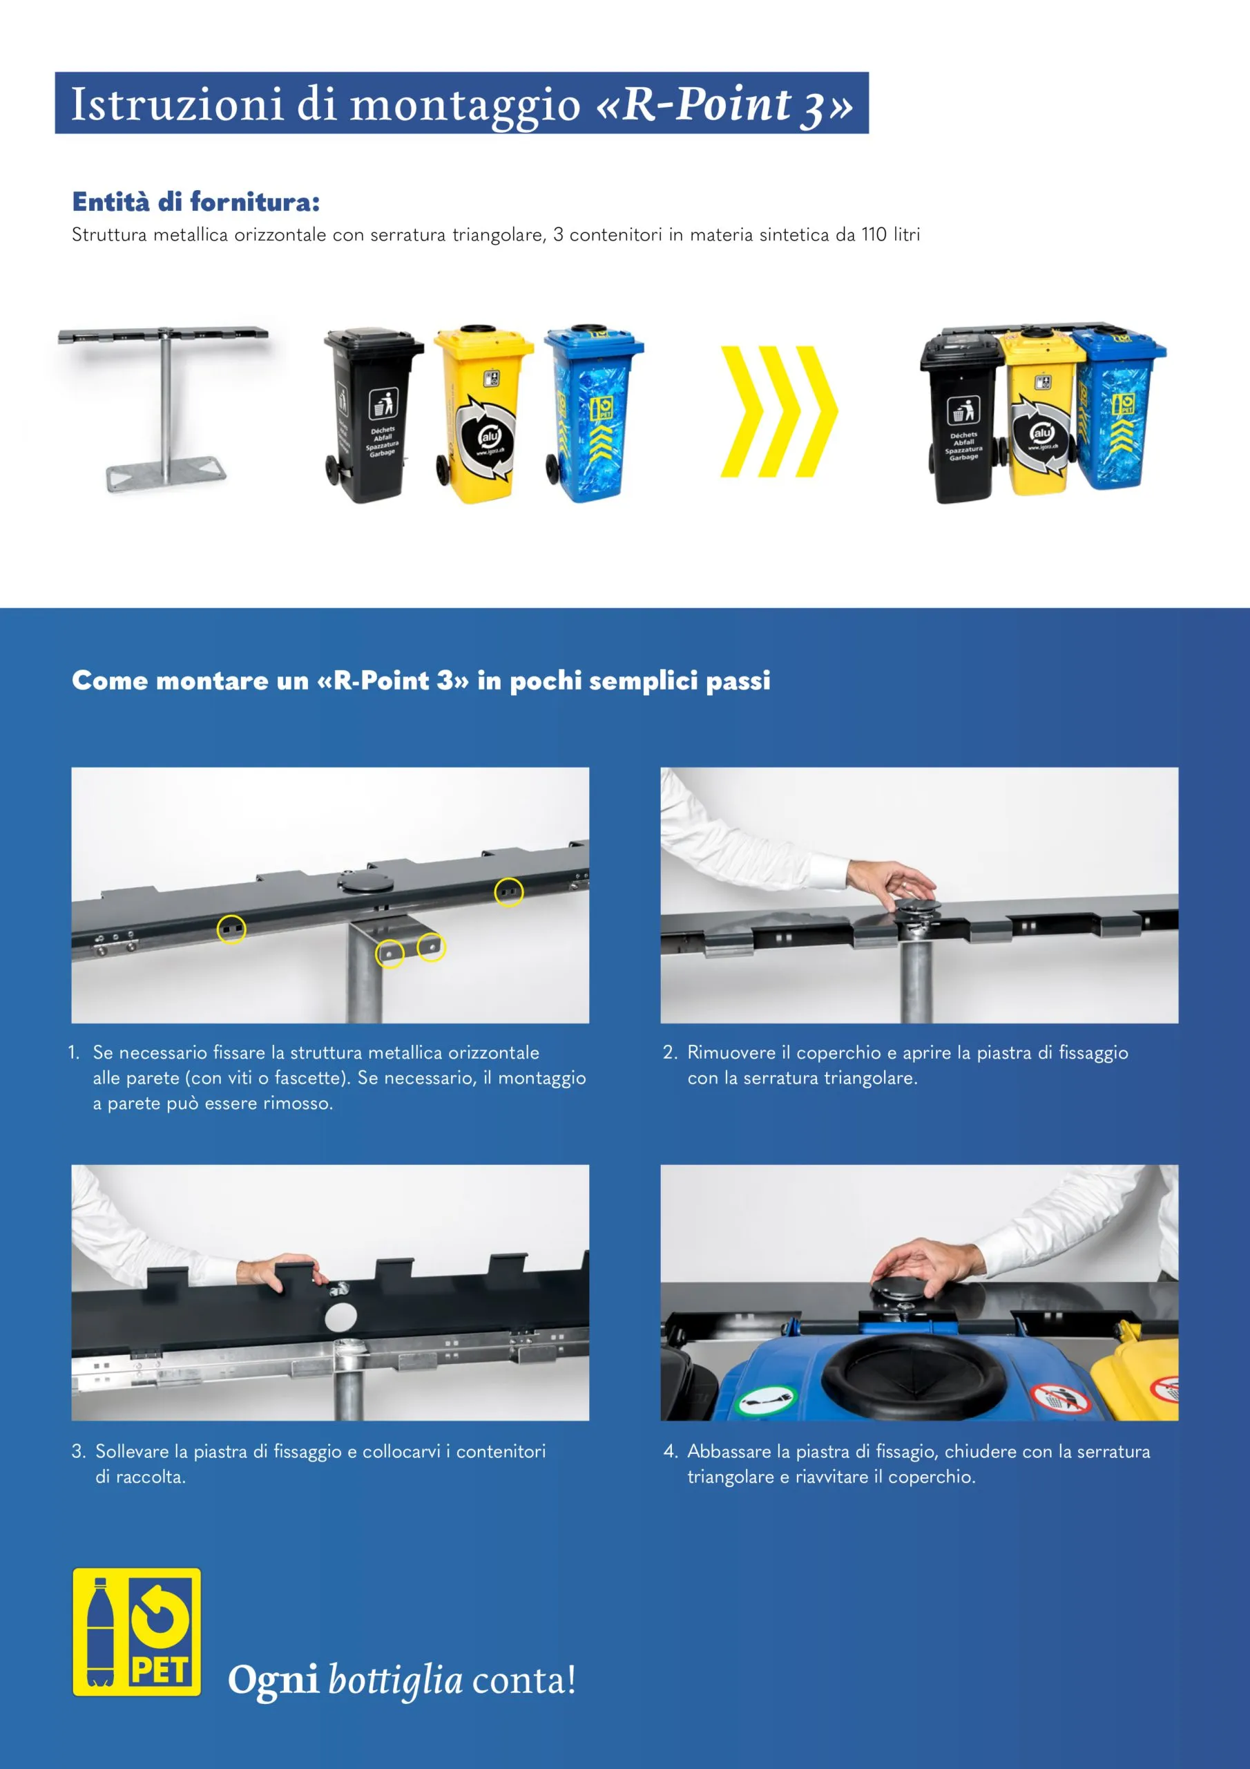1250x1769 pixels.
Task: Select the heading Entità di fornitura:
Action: (x=195, y=202)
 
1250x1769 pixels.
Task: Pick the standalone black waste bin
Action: (x=372, y=416)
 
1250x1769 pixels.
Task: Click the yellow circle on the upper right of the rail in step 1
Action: (x=508, y=892)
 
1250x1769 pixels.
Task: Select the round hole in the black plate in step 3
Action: (x=340, y=1317)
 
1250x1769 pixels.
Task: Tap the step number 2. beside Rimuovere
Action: (x=670, y=1052)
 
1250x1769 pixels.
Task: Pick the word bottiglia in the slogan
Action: (x=395, y=1680)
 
